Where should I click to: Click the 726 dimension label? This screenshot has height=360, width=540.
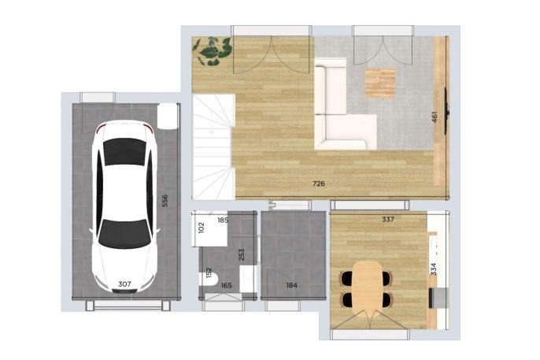click(x=319, y=184)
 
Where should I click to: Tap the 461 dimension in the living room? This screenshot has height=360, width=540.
click(x=435, y=117)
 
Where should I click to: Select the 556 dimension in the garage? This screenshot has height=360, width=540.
click(x=165, y=201)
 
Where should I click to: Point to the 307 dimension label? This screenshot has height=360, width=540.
click(x=124, y=284)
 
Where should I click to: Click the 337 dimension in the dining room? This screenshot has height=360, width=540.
click(x=388, y=219)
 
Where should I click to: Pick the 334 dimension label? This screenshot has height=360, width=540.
click(x=434, y=269)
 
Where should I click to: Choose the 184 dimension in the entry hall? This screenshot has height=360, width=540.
click(x=292, y=285)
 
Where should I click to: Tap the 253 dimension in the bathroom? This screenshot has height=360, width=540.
click(x=242, y=254)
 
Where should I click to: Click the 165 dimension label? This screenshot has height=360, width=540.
click(x=226, y=285)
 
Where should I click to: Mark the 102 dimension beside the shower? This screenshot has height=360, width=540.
click(x=202, y=228)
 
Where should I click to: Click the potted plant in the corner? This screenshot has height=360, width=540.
click(x=212, y=51)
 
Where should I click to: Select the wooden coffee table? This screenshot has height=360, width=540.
click(x=380, y=83)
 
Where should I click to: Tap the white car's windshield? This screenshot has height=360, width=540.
click(x=124, y=233)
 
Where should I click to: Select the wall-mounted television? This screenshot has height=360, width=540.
click(x=446, y=110)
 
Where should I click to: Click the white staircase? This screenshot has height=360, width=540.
click(x=213, y=147)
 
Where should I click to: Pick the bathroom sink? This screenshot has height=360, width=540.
click(x=246, y=279)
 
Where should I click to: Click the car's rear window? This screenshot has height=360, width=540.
click(x=124, y=152)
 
